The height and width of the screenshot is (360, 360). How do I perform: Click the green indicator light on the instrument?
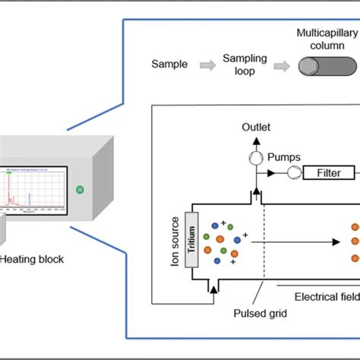coord(80,189)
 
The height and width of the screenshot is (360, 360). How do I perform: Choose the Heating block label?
coord(31,259)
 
